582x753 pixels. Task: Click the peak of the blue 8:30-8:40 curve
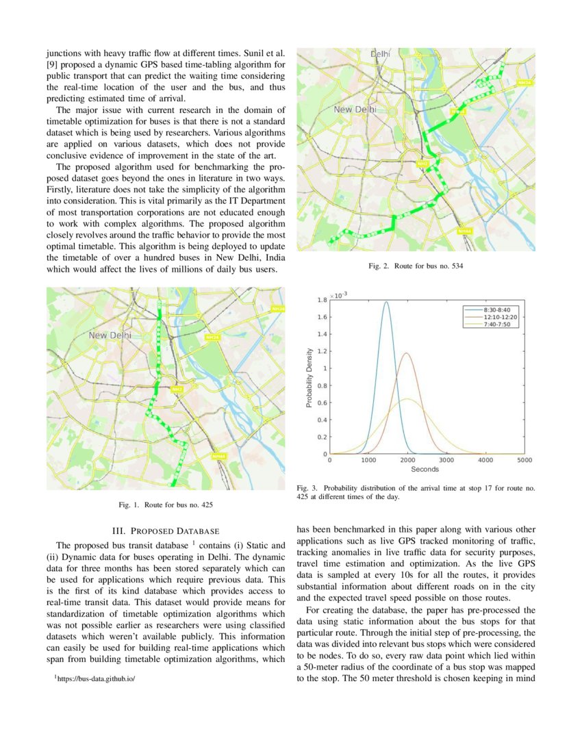click(387, 302)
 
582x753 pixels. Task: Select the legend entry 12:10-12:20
click(500, 317)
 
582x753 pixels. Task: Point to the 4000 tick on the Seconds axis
click(486, 461)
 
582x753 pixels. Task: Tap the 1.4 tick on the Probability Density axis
click(320, 334)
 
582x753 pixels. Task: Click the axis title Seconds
click(425, 470)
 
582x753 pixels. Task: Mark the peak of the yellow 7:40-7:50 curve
click(408, 399)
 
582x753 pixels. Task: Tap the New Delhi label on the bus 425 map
click(110, 335)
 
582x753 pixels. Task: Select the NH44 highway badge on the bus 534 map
click(464, 231)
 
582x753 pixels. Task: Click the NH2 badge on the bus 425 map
click(177, 390)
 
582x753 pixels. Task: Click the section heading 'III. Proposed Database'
click(165, 531)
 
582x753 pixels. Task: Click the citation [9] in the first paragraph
click(52, 64)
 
